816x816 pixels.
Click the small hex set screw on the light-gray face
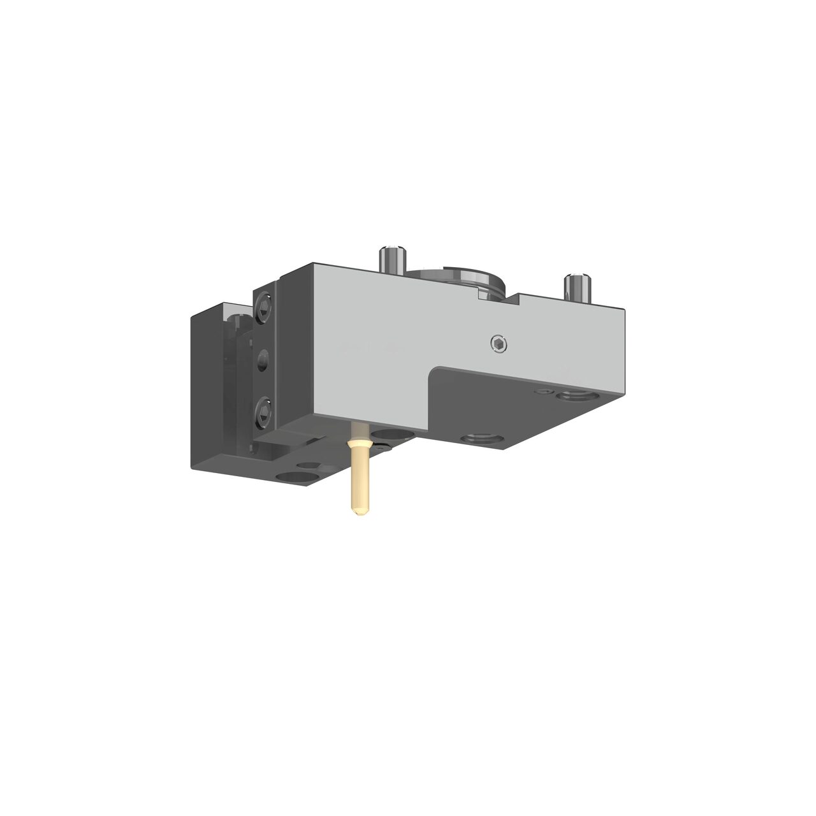pyautogui.click(x=499, y=344)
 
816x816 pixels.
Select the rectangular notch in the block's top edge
pyautogui.click(x=497, y=295)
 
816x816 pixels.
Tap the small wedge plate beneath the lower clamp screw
pyautogui.click(x=287, y=441)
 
